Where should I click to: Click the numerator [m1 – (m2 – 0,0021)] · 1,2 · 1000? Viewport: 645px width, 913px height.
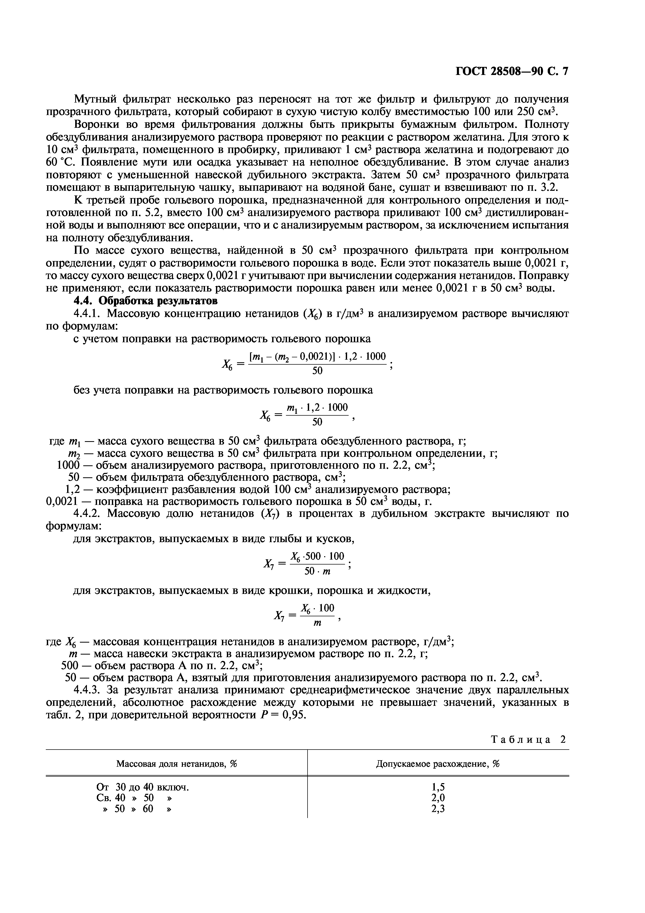(317, 357)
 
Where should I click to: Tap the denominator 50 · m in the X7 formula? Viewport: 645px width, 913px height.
(317, 572)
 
